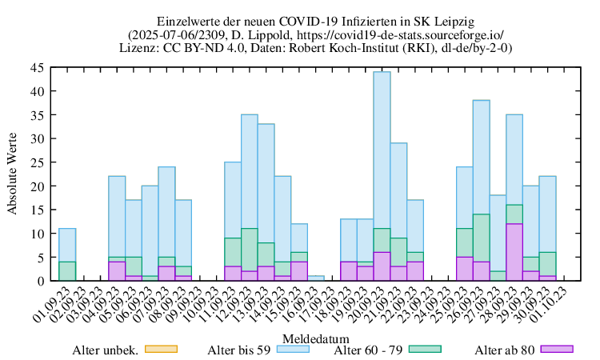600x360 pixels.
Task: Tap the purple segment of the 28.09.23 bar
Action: (x=514, y=252)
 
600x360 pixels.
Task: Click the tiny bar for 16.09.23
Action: (x=315, y=278)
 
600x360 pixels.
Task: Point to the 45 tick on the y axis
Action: (x=38, y=68)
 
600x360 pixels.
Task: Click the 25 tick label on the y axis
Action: (x=38, y=162)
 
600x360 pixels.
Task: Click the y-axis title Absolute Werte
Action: (x=13, y=174)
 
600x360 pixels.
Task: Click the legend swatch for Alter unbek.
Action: (x=159, y=350)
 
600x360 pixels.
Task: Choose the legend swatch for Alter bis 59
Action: (x=292, y=350)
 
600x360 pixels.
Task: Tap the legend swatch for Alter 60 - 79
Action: (x=425, y=350)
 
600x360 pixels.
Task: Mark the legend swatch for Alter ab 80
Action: (x=558, y=350)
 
